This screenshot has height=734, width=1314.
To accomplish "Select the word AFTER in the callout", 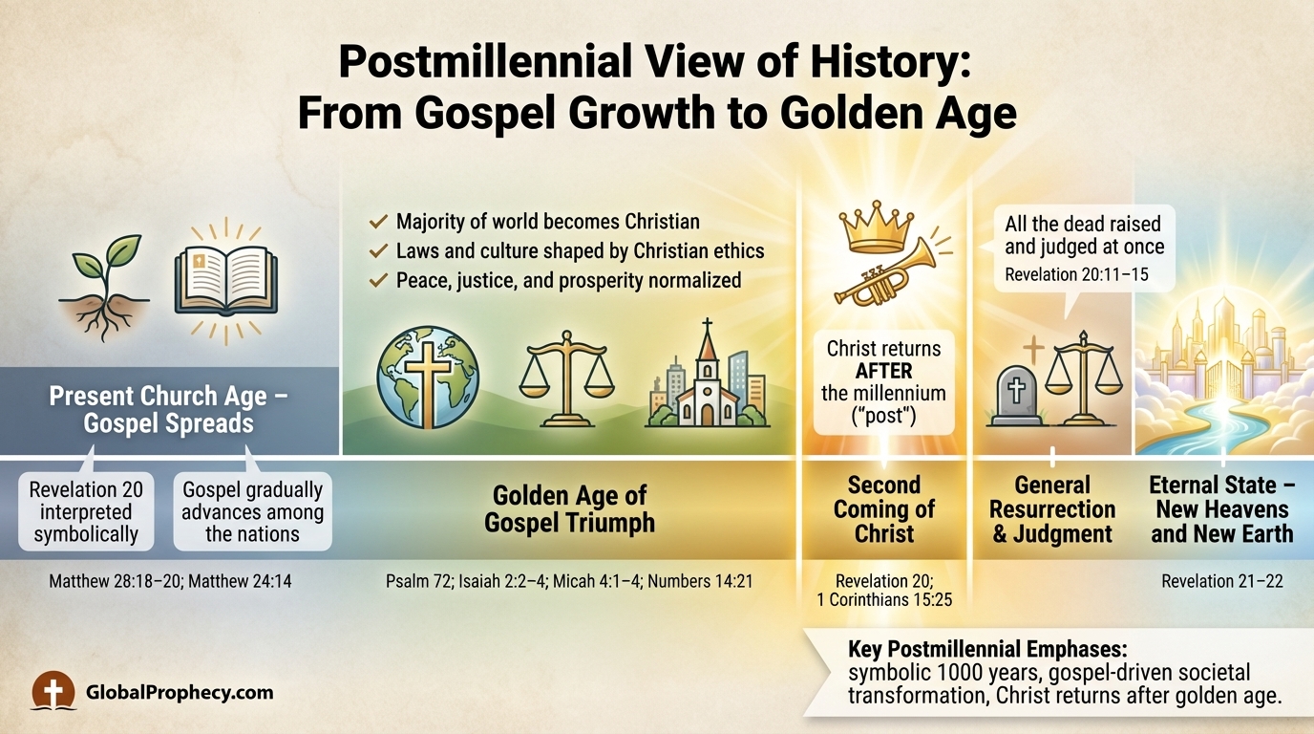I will (883, 371).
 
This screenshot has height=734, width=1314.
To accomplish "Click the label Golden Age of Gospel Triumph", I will (569, 508).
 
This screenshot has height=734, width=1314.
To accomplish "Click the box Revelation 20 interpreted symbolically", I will (86, 511).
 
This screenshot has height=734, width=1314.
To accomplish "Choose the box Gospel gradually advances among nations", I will (252, 511).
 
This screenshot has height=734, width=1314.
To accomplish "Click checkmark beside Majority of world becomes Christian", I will (378, 222).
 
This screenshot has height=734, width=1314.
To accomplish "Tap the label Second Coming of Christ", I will (883, 508).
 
